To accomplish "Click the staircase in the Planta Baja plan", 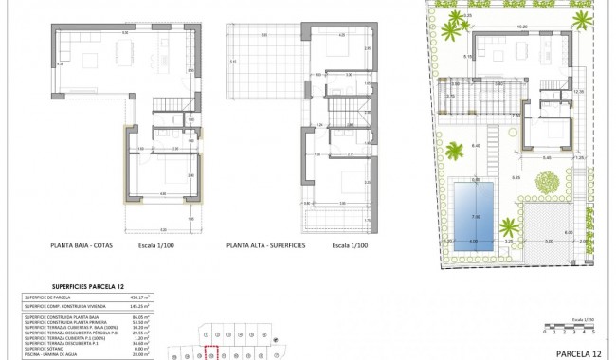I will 159,123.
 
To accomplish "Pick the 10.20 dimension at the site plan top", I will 520,27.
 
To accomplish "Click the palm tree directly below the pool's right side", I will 508,227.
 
